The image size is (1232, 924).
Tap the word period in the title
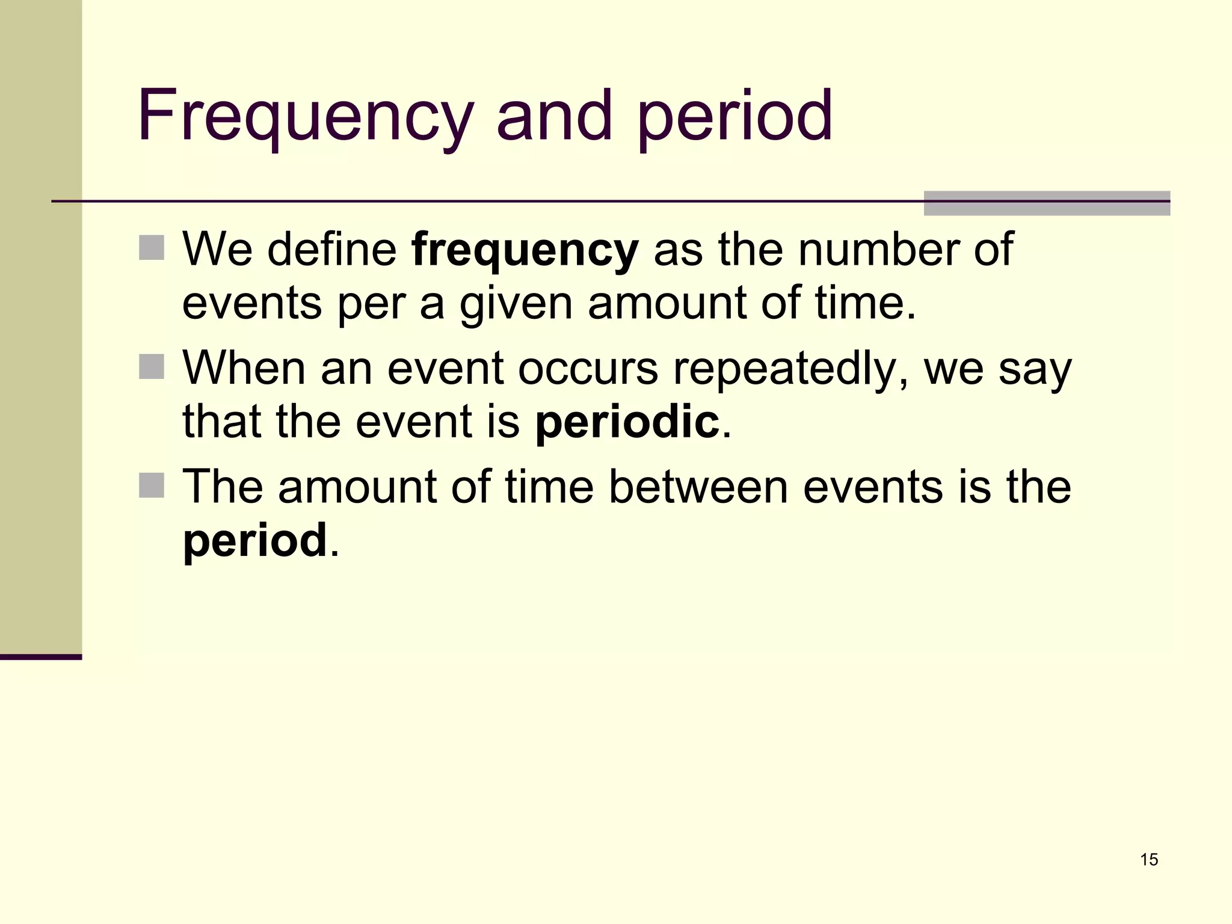[x=735, y=115]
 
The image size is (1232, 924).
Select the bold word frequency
[x=525, y=250]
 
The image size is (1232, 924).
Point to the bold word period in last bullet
[x=254, y=540]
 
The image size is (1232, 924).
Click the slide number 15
[x=1148, y=860]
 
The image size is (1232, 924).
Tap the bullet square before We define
[x=152, y=247]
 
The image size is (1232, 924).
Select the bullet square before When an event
[x=152, y=366]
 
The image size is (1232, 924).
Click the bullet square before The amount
[x=152, y=485]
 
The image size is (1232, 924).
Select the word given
[x=516, y=304]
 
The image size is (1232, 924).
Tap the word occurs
[x=588, y=368]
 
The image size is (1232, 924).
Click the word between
[x=698, y=487]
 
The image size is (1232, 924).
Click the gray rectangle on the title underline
[x=1046, y=203]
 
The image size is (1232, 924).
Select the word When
[x=244, y=368]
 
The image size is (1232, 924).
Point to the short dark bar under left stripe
[x=40, y=657]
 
